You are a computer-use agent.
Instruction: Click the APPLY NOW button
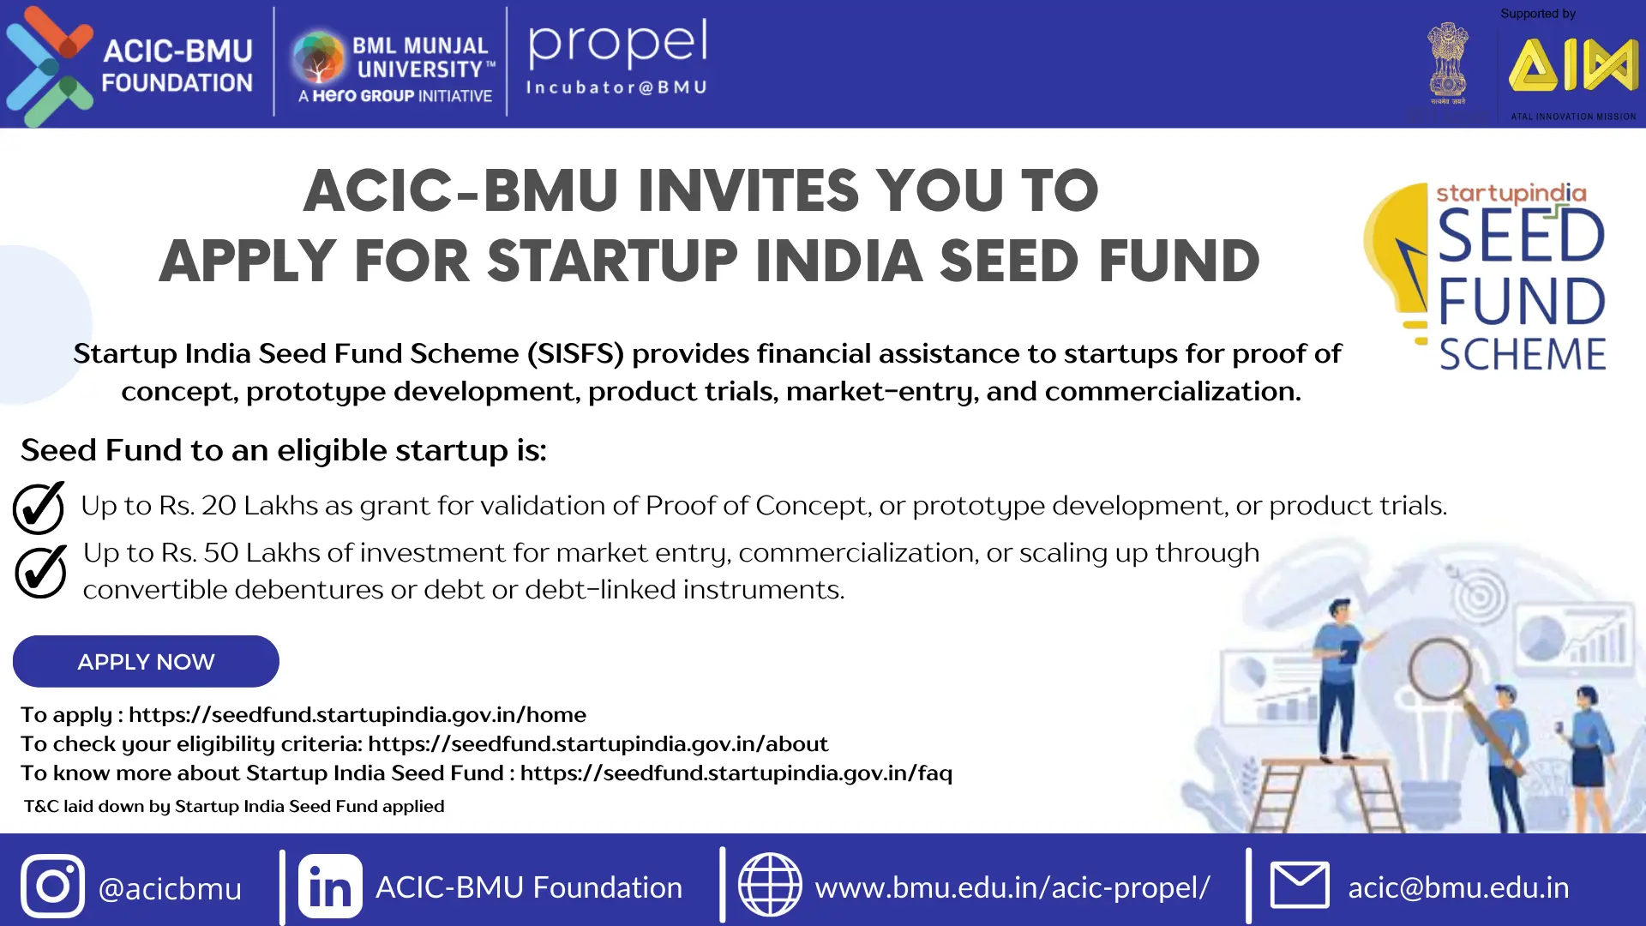click(x=146, y=661)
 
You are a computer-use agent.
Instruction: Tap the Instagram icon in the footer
click(x=52, y=886)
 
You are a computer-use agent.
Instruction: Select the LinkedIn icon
click(x=330, y=886)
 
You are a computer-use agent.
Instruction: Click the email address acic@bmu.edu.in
click(x=1458, y=887)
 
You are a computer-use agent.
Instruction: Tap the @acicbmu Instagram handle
click(x=170, y=889)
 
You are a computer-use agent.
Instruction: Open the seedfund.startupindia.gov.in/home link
click(x=357, y=714)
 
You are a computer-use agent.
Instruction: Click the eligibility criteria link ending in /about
click(x=598, y=743)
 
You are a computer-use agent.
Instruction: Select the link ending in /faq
click(x=736, y=773)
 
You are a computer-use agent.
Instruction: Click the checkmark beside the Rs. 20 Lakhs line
click(x=39, y=508)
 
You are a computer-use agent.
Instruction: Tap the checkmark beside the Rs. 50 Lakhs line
click(x=40, y=571)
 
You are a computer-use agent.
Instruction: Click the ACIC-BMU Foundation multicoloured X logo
click(x=50, y=67)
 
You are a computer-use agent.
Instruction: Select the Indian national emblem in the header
click(x=1447, y=60)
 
